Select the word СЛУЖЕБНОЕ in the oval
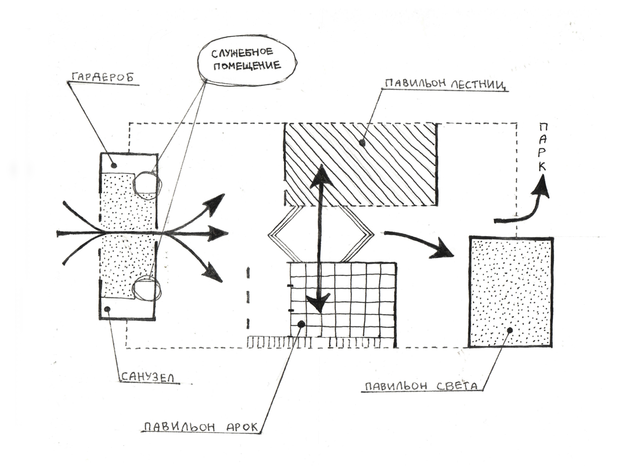(x=242, y=53)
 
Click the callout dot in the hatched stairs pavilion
(x=363, y=143)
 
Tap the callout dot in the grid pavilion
(x=301, y=324)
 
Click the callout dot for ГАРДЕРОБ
(x=114, y=165)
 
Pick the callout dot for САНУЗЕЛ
(x=108, y=309)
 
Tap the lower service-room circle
(x=146, y=288)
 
